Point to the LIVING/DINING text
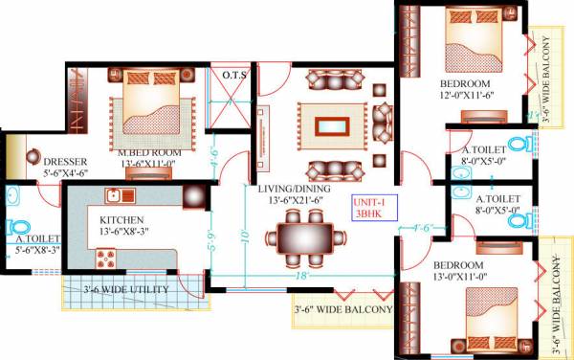click(295, 189)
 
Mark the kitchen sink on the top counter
click(117, 196)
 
